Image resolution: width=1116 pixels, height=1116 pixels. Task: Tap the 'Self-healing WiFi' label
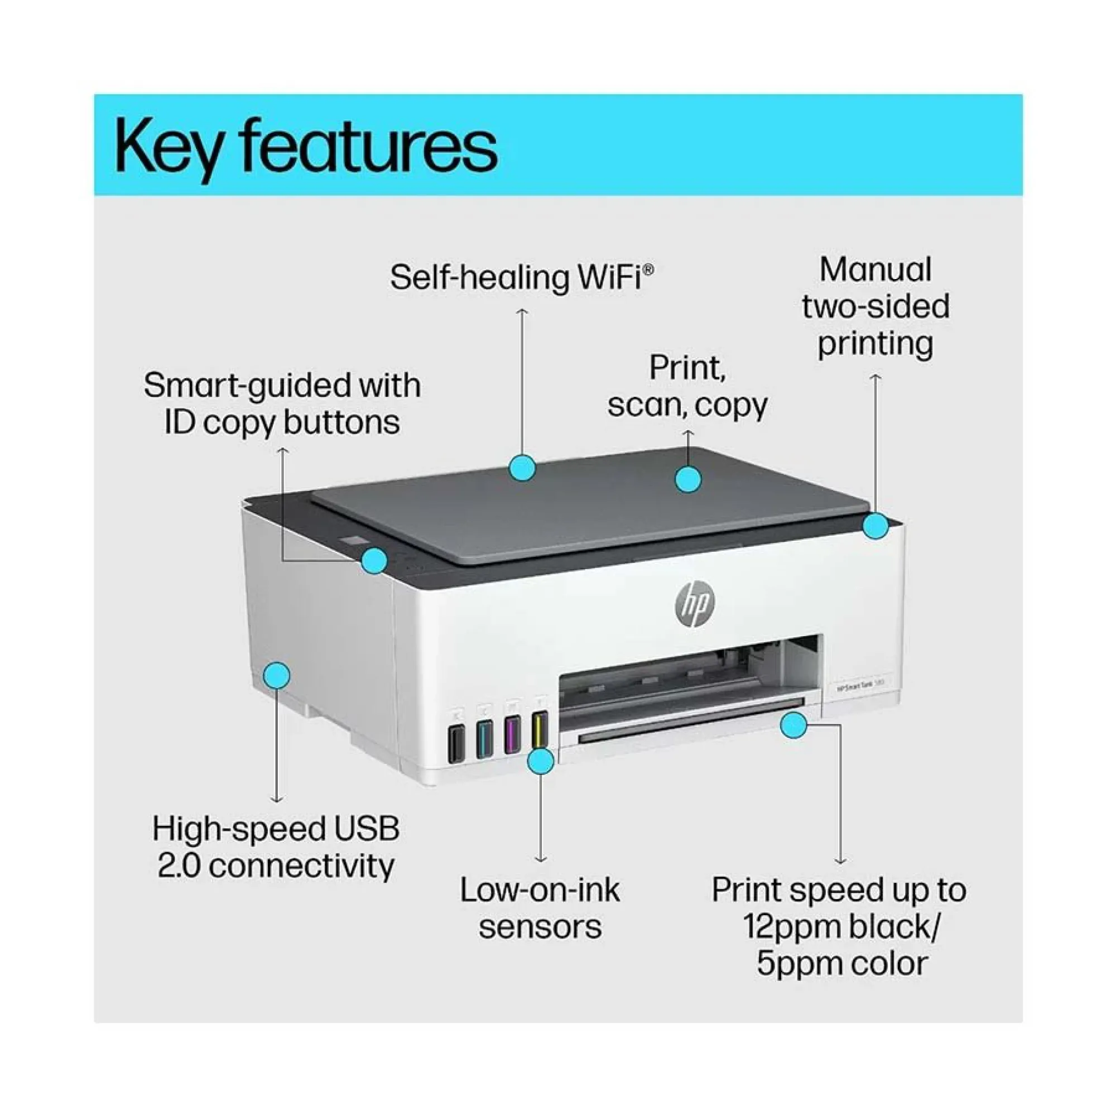[x=522, y=277]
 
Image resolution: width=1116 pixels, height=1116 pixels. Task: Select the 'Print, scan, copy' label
[x=687, y=387]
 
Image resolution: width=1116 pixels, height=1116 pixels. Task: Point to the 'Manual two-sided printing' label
[x=876, y=307]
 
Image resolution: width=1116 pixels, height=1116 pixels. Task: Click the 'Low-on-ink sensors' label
[x=540, y=908]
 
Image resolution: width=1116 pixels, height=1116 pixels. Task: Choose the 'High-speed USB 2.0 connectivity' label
[x=276, y=847]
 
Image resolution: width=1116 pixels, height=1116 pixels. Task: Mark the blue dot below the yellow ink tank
[x=541, y=761]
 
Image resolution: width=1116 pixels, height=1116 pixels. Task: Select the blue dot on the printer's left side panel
[x=277, y=675]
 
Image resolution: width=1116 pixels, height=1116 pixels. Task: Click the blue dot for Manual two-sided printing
[x=876, y=526]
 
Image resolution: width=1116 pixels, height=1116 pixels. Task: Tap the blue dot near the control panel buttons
[x=374, y=560]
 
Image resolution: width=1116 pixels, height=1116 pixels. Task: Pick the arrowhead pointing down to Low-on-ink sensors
[x=541, y=860]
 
